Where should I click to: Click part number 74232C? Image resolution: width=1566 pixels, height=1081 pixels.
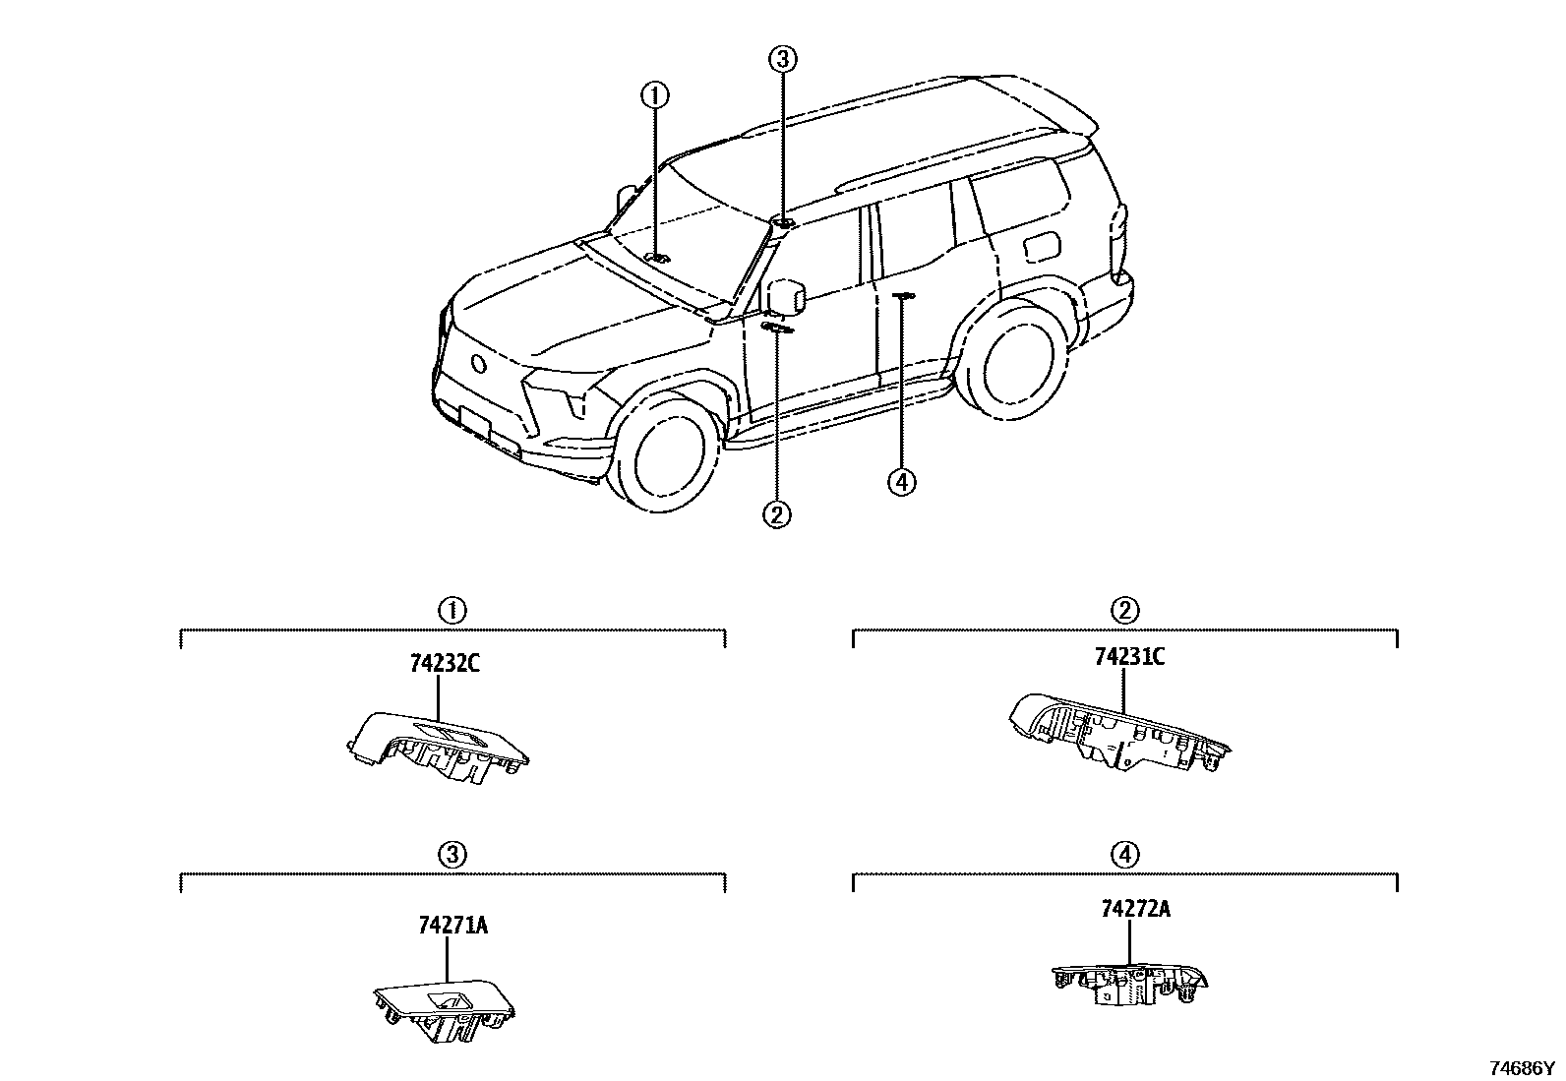click(x=445, y=663)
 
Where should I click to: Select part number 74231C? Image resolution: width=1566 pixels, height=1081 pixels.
click(x=1129, y=657)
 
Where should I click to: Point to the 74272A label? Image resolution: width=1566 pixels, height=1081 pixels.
click(x=1135, y=909)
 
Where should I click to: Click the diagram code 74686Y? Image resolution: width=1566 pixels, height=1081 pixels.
click(x=1523, y=1067)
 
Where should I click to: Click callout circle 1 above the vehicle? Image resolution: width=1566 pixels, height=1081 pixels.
click(x=655, y=95)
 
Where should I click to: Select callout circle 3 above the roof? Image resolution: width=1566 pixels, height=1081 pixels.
click(x=781, y=60)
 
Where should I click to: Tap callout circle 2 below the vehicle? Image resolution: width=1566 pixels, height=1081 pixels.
click(x=777, y=513)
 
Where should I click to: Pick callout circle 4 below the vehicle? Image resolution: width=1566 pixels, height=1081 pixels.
click(x=901, y=482)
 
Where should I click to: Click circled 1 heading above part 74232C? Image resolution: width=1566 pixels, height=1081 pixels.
click(x=452, y=610)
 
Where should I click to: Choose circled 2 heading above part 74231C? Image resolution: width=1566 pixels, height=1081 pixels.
click(x=1125, y=610)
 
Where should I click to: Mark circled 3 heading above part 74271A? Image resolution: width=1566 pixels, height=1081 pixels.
click(x=452, y=854)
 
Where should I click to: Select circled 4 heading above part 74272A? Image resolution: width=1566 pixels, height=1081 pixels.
click(x=1125, y=855)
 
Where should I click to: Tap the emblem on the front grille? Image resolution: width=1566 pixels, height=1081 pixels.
click(x=479, y=364)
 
